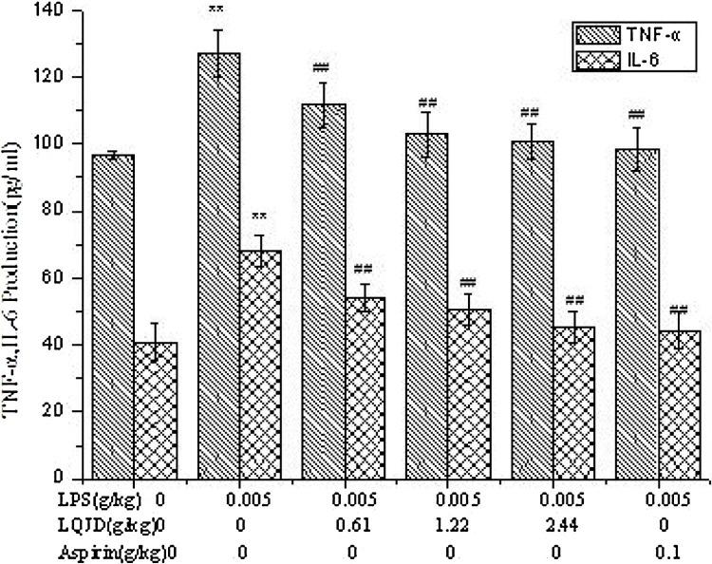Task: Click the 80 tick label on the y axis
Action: tap(66, 212)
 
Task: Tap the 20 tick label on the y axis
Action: tap(66, 412)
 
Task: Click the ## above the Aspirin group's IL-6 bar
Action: tap(677, 310)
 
